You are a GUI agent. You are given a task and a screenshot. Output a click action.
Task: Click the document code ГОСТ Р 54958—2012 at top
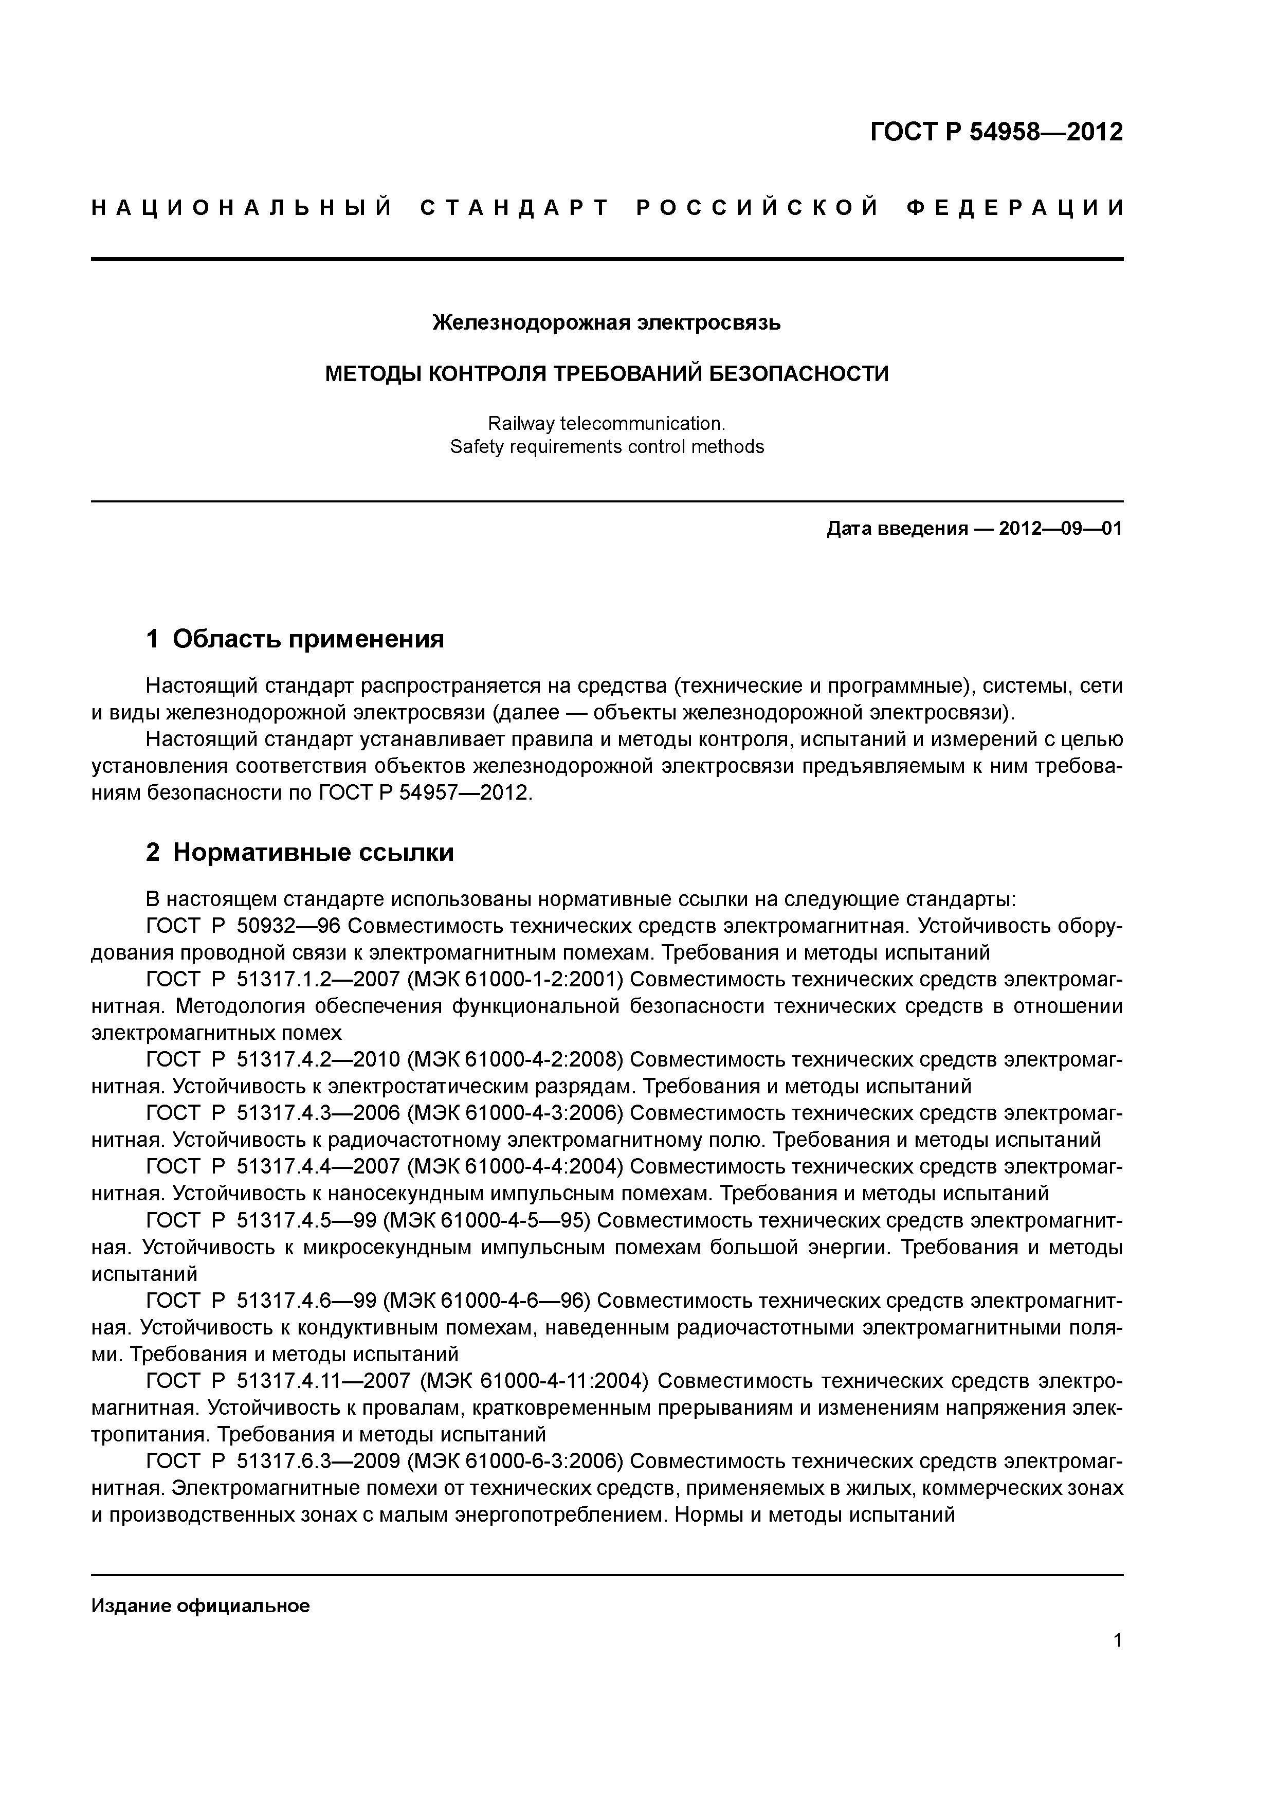click(x=996, y=132)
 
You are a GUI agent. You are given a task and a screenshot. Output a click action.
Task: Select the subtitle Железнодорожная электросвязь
click(x=607, y=322)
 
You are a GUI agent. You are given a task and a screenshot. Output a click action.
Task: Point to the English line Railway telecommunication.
click(x=607, y=424)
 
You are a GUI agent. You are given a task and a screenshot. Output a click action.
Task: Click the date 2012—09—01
click(x=1061, y=529)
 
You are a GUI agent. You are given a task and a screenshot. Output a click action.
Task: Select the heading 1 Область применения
click(x=295, y=639)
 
